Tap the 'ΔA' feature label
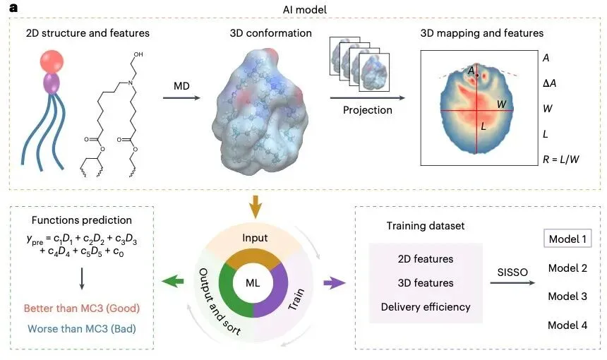tap(548, 83)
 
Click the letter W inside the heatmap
tap(502, 104)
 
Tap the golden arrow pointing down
tap(255, 209)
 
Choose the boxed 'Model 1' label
tap(567, 239)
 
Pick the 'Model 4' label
tap(567, 325)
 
